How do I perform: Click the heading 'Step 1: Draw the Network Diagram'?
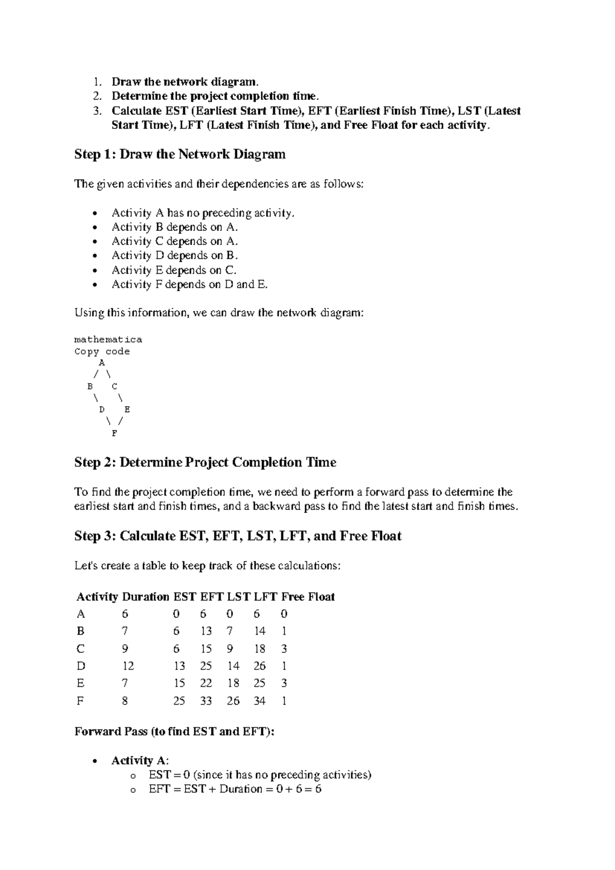click(180, 154)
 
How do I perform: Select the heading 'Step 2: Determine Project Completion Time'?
click(205, 463)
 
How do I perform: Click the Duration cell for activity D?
click(128, 666)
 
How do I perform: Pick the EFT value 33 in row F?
click(206, 701)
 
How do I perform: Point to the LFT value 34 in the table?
click(259, 701)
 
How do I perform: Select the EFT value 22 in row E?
click(206, 683)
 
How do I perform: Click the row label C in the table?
click(80, 649)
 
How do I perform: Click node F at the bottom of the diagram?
click(114, 433)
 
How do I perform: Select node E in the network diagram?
click(127, 410)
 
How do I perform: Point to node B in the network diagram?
click(90, 386)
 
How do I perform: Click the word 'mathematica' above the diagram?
click(108, 340)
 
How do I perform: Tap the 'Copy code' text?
click(102, 351)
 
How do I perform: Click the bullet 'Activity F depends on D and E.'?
click(190, 284)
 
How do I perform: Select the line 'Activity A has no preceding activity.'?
click(203, 213)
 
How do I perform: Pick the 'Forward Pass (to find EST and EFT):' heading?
click(174, 731)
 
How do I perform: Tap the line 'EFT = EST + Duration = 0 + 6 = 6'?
click(235, 789)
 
